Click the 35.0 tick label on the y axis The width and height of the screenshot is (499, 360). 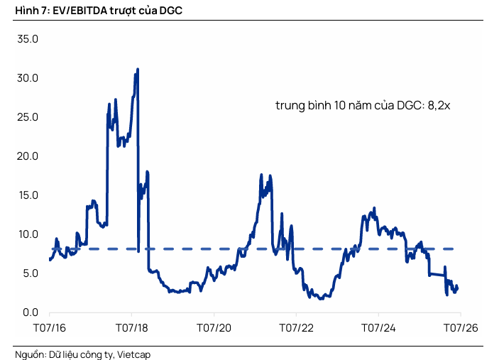[28, 39]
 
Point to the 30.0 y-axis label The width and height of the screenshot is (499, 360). [28, 78]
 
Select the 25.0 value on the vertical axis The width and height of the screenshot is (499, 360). [28, 117]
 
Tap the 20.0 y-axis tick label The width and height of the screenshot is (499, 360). [28, 156]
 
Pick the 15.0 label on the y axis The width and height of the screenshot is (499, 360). [28, 195]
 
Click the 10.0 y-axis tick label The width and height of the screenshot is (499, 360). [28, 234]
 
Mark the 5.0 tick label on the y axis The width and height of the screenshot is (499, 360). [31, 273]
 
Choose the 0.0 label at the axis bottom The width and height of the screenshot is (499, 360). [31, 312]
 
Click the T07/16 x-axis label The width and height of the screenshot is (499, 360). [50, 328]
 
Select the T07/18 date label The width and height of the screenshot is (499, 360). [132, 328]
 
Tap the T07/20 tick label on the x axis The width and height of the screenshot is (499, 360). [214, 328]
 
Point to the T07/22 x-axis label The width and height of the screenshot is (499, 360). [296, 328]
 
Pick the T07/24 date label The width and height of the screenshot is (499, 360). [378, 328]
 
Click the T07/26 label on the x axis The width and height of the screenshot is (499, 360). [461, 328]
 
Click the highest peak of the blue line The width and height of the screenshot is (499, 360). [138, 69]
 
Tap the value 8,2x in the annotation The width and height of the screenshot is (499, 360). [439, 105]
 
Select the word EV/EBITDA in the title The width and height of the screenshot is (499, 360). [80, 11]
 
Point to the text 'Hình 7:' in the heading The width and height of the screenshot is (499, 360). [33, 11]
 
